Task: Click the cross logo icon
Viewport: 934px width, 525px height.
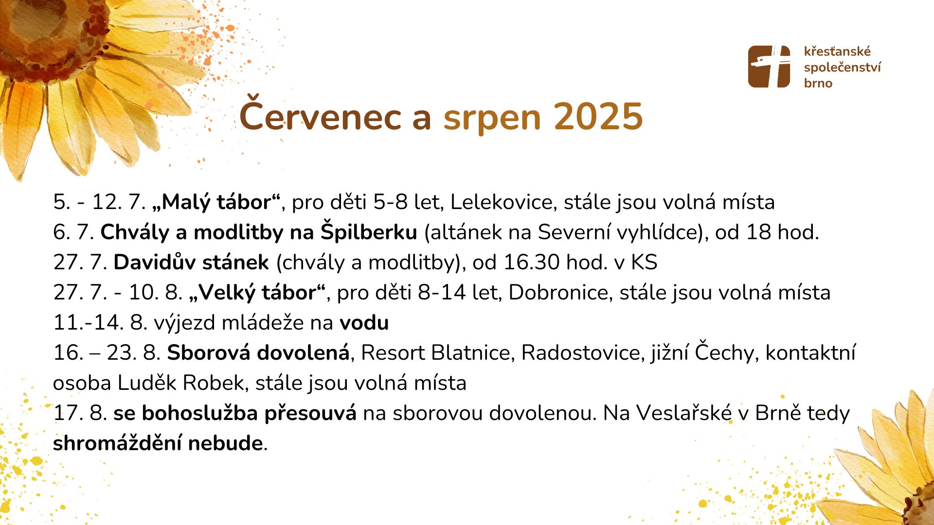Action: tap(769, 67)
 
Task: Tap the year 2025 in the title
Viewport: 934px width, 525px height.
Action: tap(598, 117)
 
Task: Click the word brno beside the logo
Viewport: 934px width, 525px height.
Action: tap(818, 83)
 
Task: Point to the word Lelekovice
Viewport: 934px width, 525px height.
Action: tap(503, 202)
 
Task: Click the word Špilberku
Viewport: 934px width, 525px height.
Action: tap(369, 232)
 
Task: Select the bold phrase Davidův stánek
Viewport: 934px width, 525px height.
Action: tap(191, 262)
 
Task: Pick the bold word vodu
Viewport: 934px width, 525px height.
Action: tap(364, 323)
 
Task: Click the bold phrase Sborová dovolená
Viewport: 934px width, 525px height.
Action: tap(258, 352)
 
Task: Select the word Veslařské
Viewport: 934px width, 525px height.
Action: tap(684, 413)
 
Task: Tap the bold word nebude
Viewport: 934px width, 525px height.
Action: tap(225, 443)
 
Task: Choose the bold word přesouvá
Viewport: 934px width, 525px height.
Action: tap(310, 413)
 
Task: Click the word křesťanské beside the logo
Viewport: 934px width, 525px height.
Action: tap(837, 51)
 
